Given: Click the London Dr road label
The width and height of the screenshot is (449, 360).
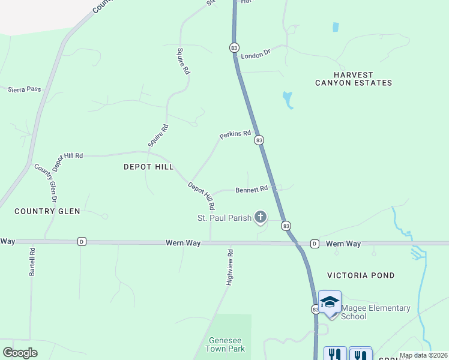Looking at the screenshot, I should pos(256,54).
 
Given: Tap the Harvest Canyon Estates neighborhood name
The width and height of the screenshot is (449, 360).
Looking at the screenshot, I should pos(354,79).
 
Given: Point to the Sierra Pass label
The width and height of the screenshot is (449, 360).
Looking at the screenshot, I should pos(25,89).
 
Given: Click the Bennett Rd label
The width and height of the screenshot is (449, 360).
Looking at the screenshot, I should pos(251,190).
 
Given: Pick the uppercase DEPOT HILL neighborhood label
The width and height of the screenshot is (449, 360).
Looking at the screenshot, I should pos(148,167).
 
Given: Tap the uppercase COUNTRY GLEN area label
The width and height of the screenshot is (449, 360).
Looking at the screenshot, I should pos(47,211).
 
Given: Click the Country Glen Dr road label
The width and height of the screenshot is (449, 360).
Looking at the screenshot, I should pos(46,182).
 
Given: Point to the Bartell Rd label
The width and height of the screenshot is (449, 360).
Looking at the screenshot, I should pos(32,262).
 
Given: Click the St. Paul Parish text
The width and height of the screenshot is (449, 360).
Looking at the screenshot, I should pos(224,218).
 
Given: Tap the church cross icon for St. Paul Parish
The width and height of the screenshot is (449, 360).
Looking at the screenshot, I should pos(260,217).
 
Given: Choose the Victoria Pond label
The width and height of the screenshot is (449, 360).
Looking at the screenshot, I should pos(361,275).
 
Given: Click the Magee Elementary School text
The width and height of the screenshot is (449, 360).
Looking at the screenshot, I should pos(376,312).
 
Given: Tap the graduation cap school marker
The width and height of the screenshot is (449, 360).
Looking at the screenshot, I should pos(330,302).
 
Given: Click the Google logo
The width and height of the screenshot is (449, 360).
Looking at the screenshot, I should pos(20,353).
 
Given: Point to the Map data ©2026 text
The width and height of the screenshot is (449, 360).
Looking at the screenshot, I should pos(423,355).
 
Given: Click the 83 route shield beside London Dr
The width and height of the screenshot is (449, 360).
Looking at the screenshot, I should pos(234,47).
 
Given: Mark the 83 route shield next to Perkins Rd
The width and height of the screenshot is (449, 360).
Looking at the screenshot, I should pos(259,140).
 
